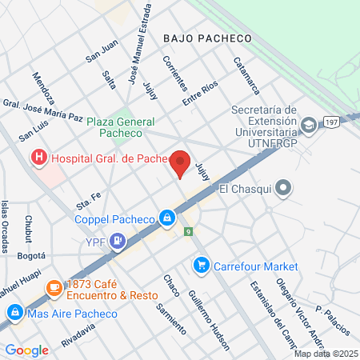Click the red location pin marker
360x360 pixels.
(x=181, y=163)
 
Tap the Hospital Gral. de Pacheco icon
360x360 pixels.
(x=38, y=159)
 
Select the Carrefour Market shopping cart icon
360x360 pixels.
(x=201, y=265)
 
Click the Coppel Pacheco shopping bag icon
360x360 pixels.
(x=166, y=217)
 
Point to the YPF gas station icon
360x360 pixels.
(x=118, y=238)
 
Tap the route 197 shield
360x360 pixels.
(x=331, y=122)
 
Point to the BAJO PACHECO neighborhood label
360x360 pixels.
(x=206, y=38)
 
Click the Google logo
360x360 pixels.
(x=26, y=350)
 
